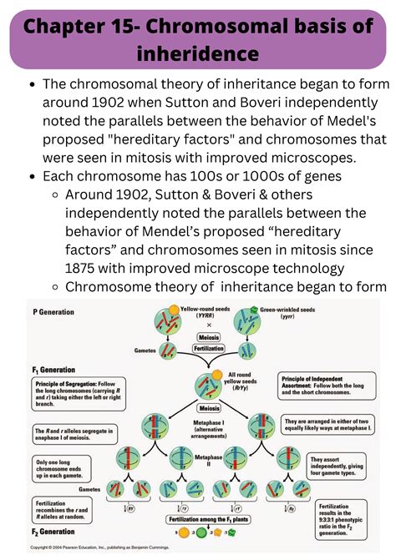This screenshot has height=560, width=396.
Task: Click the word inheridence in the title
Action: [x=198, y=57]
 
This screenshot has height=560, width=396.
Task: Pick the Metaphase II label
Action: [x=198, y=459]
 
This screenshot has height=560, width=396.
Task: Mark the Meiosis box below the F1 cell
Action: [x=198, y=410]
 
